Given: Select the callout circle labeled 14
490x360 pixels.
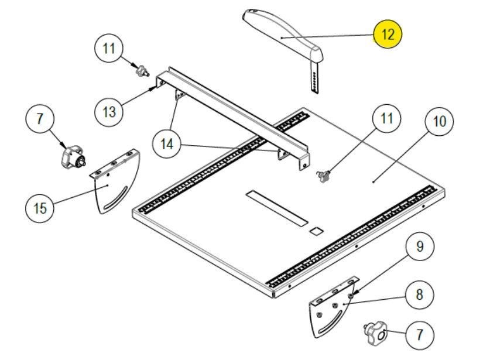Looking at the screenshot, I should tap(167, 142).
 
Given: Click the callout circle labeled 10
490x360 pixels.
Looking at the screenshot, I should tap(439, 122).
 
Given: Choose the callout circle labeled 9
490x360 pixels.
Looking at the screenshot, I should tap(419, 246).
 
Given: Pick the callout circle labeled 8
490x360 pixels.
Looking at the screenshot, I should tap(419, 293).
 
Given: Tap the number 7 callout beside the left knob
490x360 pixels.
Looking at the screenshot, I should tap(40, 119).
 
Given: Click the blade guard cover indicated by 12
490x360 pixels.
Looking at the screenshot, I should tap(281, 36).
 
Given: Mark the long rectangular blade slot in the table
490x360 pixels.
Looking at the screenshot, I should tap(276, 208).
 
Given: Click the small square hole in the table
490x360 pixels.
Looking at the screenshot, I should tap(316, 231).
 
